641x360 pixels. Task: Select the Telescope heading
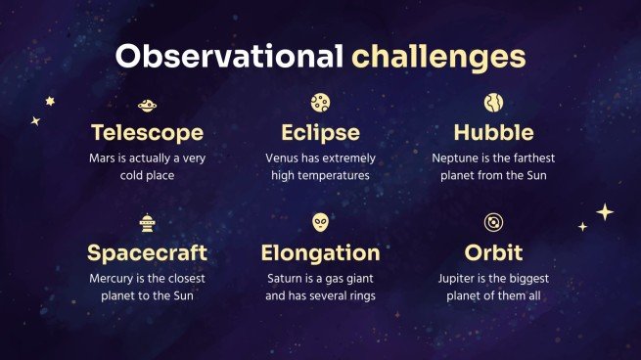tap(147, 132)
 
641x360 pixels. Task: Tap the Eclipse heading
tap(320, 132)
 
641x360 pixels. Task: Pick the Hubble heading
tap(493, 132)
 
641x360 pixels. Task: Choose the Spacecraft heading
tap(147, 252)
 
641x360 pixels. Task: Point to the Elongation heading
tap(320, 252)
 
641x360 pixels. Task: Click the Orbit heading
tap(493, 252)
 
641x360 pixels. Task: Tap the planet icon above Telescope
tap(147, 104)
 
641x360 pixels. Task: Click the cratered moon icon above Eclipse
tap(320, 103)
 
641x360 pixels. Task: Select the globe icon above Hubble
tap(493, 103)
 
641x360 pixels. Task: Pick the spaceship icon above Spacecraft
tap(147, 223)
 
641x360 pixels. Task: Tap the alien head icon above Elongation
tap(320, 222)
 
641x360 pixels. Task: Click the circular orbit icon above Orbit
tap(493, 222)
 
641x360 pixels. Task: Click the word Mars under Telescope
tap(101, 157)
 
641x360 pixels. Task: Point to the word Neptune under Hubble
tap(455, 157)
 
